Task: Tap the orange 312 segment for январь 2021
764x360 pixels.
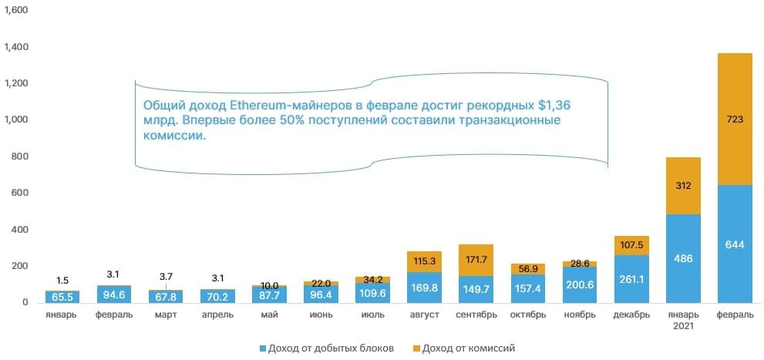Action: coord(683,185)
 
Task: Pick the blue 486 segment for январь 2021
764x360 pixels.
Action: coord(683,258)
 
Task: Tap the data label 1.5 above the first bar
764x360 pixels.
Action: coord(62,280)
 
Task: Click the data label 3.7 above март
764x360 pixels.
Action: coord(165,276)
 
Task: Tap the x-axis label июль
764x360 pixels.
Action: coord(373,315)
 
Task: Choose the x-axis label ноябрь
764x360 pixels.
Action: coord(580,315)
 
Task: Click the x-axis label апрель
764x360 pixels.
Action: coord(216,315)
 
